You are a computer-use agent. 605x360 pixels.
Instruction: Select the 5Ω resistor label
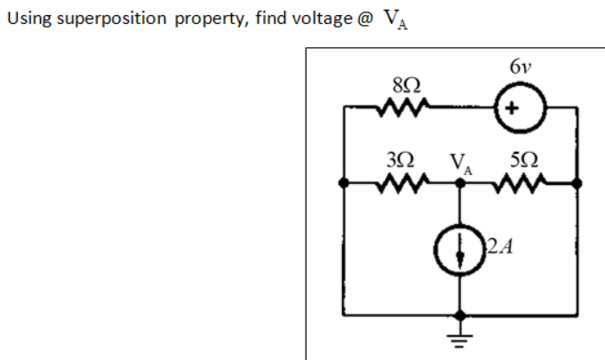pos(522,163)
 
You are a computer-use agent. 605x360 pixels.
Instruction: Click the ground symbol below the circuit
pos(460,340)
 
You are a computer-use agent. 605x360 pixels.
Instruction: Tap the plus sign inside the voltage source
pos(512,109)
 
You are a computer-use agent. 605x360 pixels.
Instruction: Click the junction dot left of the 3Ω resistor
pos(344,184)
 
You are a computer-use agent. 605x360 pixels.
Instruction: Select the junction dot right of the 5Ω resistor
pos(577,184)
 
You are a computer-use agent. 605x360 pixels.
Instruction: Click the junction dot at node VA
pos(460,184)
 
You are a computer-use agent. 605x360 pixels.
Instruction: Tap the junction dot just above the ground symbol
pos(460,316)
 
